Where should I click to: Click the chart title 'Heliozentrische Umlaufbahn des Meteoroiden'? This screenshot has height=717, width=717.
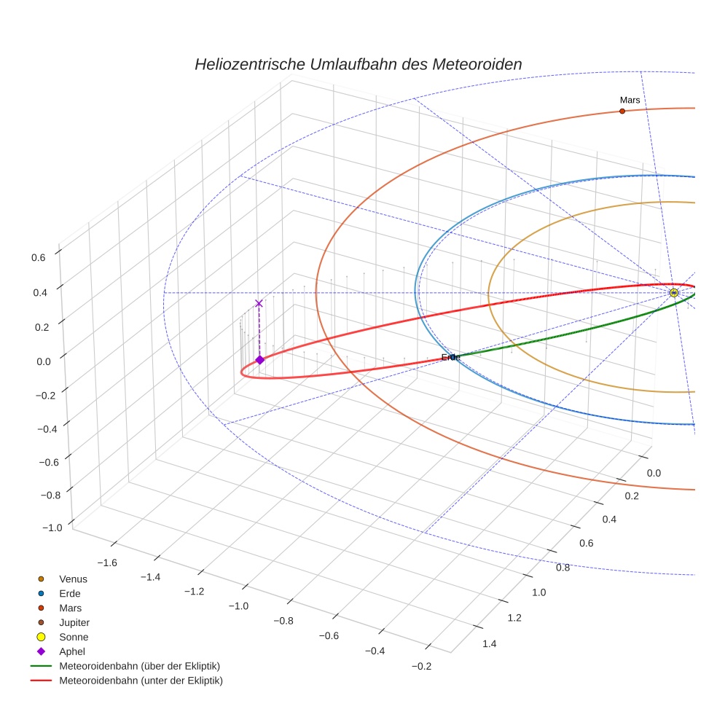coord(358,64)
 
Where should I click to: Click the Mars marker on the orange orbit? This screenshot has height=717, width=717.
coord(622,111)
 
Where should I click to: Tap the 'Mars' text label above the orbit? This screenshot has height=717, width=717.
coord(630,99)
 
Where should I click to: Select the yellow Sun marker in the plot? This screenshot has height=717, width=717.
coord(673,293)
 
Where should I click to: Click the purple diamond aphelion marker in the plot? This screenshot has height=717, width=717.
coord(259,359)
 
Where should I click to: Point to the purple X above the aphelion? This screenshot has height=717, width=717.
coord(259,303)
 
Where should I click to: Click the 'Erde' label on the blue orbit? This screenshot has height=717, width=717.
coord(450,357)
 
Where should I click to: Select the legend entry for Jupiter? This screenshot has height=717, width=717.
coord(74,622)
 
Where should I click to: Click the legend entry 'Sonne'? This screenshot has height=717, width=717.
coord(74,637)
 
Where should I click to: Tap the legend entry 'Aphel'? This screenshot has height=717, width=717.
coord(72,651)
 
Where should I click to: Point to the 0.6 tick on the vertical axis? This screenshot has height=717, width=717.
coord(38,256)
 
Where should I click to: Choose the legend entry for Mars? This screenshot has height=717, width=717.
coord(70,608)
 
